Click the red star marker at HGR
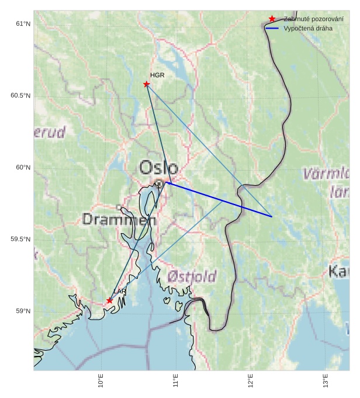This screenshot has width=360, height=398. coord(146,84)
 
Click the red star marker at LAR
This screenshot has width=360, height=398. coord(109,300)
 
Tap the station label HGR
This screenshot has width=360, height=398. coord(157,75)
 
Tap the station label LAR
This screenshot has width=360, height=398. coord(120,292)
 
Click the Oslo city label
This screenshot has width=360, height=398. coord(158,168)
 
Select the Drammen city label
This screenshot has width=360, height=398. coord(119,220)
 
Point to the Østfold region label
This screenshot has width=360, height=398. coord(192,276)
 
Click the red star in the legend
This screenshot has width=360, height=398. coord(272,19)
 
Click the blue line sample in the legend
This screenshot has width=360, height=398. coord(272,28)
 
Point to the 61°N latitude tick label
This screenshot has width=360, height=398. coord(23,24)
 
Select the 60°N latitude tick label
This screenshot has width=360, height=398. coord(23,168)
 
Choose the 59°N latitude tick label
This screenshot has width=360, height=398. coord(23,312)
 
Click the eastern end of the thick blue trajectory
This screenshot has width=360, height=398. coord(272,216)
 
